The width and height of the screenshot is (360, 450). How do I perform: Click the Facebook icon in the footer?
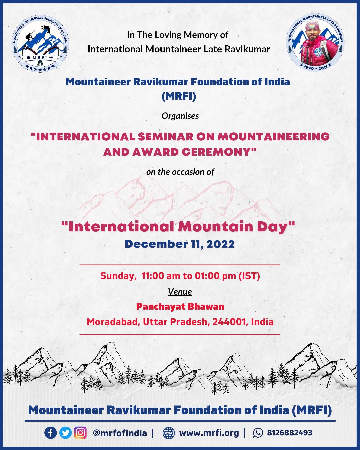pyautogui.click(x=50, y=433)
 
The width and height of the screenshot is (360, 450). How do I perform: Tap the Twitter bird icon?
pyautogui.click(x=65, y=433)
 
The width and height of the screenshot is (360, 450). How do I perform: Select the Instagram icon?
pyautogui.click(x=80, y=433)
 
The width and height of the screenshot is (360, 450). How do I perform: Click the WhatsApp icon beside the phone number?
pyautogui.click(x=258, y=433)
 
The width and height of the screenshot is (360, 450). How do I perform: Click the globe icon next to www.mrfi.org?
pyautogui.click(x=168, y=433)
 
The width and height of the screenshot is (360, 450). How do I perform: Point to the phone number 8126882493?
pyautogui.click(x=289, y=433)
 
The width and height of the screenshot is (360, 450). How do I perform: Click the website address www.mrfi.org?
pyautogui.click(x=209, y=433)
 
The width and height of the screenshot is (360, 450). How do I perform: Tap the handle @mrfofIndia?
pyautogui.click(x=120, y=433)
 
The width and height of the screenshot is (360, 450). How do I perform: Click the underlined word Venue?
pyautogui.click(x=180, y=292)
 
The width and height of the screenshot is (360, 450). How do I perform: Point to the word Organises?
pyautogui.click(x=180, y=116)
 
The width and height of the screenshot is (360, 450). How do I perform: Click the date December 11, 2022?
pyautogui.click(x=180, y=244)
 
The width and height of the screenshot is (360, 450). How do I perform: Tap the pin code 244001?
pyautogui.click(x=230, y=322)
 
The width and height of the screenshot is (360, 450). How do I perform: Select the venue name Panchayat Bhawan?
pyautogui.click(x=180, y=307)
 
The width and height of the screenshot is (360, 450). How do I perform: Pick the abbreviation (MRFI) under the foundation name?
pyautogui.click(x=179, y=96)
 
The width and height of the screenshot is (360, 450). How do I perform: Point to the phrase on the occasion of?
pyautogui.click(x=180, y=172)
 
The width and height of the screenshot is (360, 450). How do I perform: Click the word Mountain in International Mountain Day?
pyautogui.click(x=216, y=227)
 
